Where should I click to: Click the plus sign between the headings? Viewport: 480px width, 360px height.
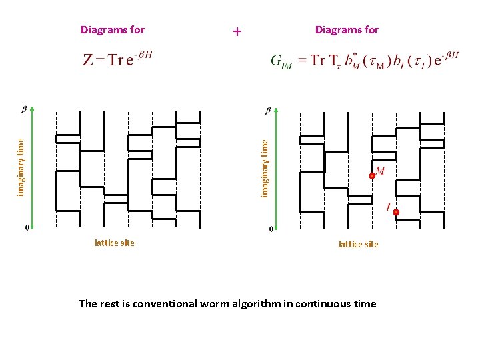[x=237, y=31]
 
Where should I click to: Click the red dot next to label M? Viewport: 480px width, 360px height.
[x=373, y=176]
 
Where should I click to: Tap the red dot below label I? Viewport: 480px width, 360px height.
[x=396, y=213]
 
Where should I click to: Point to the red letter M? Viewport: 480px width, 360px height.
[x=380, y=171]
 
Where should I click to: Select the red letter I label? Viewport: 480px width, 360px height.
[x=388, y=207]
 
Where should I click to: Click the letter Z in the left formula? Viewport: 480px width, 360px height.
[x=88, y=60]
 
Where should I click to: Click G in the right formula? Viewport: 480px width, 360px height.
[x=276, y=60]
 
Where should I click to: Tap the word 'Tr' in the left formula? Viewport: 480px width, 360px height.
[x=116, y=60]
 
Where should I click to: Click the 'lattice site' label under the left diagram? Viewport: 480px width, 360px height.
[x=115, y=243]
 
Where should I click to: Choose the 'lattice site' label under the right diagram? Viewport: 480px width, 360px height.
[x=358, y=244]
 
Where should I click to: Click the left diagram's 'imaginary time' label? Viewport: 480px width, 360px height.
[x=21, y=167]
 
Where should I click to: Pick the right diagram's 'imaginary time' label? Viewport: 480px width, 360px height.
[x=265, y=167]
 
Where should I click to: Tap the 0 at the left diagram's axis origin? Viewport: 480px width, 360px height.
[x=27, y=228]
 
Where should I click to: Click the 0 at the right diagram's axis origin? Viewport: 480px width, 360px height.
[x=271, y=229]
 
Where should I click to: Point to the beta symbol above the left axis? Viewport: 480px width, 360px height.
[x=25, y=109]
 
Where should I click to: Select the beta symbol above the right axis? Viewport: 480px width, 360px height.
[x=269, y=110]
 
